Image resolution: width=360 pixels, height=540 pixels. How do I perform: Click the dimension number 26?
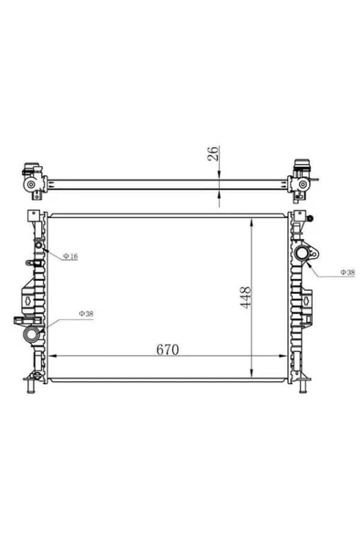[213, 153]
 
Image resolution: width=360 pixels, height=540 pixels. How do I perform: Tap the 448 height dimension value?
[246, 297]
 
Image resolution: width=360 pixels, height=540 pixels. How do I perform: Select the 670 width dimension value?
[168, 349]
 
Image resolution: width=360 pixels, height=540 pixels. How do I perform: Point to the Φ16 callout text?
[70, 256]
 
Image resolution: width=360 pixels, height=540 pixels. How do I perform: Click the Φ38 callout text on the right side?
[347, 272]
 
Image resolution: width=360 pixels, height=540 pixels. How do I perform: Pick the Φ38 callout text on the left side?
[86, 314]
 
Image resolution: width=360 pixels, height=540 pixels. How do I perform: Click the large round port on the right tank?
[303, 254]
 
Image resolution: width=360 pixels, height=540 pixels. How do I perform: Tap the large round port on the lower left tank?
[31, 334]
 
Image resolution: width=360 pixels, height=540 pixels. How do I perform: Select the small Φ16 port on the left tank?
[38, 245]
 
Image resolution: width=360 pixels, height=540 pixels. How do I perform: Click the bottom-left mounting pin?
[31, 386]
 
